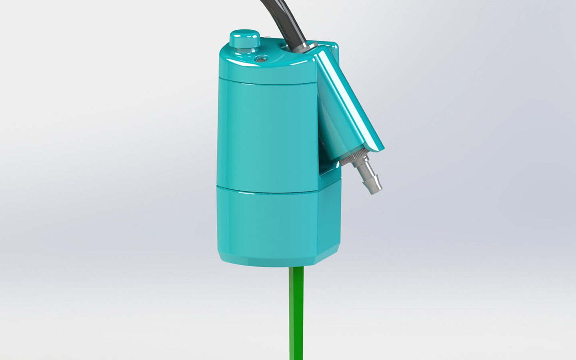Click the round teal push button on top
244,38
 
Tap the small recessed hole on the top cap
261,58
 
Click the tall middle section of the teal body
264,132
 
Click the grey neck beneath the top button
244,48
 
